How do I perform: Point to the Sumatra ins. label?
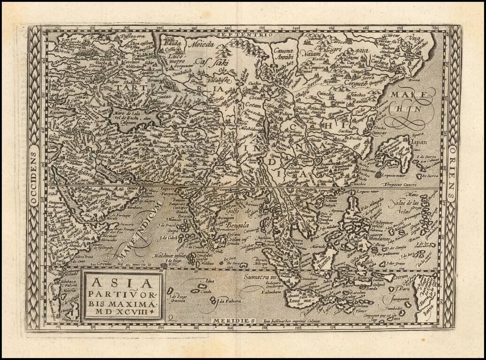point(261,277)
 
